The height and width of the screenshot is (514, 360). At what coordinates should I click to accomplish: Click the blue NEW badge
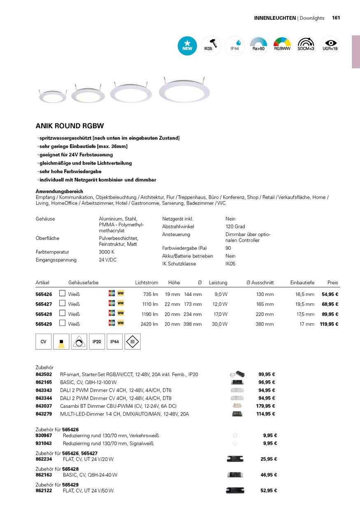(187, 46)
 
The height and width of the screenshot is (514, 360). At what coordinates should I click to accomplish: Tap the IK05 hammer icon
(211, 46)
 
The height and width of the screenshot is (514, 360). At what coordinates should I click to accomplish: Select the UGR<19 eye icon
(330, 46)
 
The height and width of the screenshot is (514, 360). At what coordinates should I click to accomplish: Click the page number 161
(336, 18)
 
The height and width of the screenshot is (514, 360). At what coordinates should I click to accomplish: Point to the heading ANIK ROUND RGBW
(70, 126)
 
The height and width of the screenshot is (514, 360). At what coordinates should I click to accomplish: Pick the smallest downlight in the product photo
(52, 96)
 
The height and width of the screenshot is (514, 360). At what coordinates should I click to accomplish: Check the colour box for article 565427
(63, 303)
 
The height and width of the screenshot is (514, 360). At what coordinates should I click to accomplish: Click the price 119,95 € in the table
(329, 324)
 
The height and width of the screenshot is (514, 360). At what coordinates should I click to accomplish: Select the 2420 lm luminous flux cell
(149, 324)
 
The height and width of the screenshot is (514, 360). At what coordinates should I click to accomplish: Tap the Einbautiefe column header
(302, 282)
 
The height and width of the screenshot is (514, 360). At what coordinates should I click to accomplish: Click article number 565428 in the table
(44, 314)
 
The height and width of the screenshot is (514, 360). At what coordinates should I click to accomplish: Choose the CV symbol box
(44, 342)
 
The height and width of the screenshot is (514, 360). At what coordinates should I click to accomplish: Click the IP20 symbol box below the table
(97, 342)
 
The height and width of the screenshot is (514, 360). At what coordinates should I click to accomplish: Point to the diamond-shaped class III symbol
(132, 342)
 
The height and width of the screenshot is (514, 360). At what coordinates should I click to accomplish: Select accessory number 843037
(44, 406)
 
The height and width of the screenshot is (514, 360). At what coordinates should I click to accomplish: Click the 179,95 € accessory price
(265, 406)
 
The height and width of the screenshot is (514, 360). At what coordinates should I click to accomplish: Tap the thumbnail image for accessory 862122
(235, 491)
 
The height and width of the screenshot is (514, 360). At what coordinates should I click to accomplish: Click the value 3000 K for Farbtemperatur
(107, 252)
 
